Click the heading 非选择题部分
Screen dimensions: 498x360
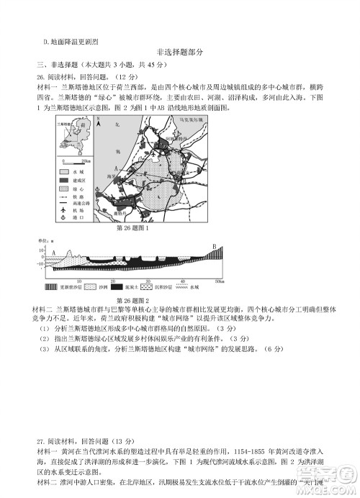[179, 52]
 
